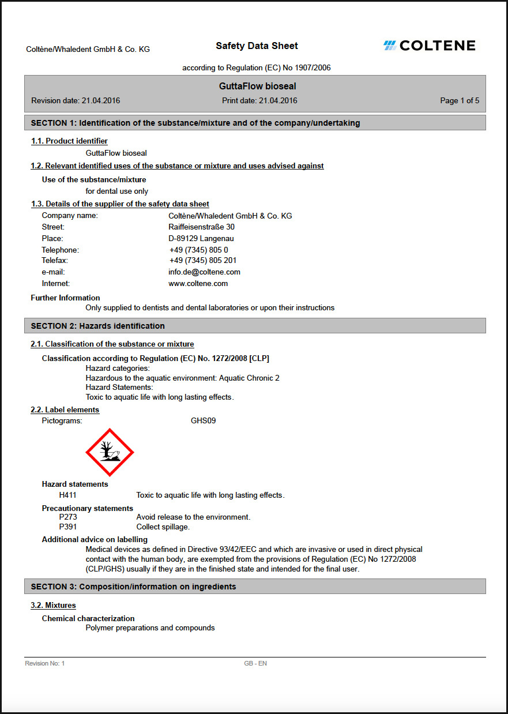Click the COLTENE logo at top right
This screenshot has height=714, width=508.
coord(430,46)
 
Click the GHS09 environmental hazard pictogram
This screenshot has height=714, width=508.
coord(110,453)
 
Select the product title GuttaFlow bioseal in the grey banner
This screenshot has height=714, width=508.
coord(257,87)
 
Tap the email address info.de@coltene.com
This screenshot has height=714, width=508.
coord(204,272)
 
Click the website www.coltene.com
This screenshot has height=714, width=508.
coord(198,283)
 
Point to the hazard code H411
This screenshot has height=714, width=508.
coord(68,495)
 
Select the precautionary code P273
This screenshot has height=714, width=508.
coord(68,517)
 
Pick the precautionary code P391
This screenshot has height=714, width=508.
coord(68,527)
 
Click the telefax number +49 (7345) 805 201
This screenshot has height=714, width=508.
coord(203,260)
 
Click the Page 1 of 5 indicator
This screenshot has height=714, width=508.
coord(459,100)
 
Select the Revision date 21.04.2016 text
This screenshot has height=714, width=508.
coord(76,100)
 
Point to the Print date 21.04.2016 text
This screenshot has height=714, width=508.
coord(259,100)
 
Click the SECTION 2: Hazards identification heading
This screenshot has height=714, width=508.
coord(97,326)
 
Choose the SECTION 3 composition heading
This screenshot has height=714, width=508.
coord(133,587)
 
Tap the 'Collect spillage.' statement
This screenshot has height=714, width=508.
coord(163,527)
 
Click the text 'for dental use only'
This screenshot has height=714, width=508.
coord(116,191)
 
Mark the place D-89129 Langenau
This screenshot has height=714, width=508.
coord(201,238)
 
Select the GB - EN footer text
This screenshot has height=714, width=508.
coord(255,663)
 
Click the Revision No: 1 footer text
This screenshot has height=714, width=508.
coord(45,663)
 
